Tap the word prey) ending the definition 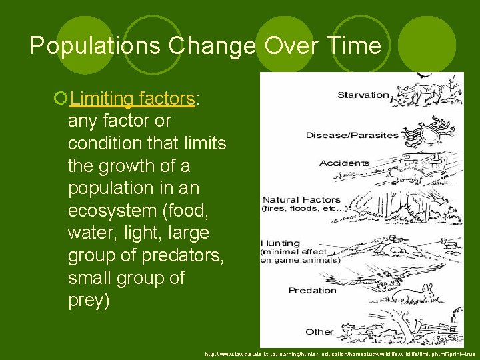coord(89,301)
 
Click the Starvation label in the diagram coord(363,95)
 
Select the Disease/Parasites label coord(351,135)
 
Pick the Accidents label coord(344,163)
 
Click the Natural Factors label coord(301,199)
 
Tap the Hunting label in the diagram coord(281,243)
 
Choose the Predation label coord(312,290)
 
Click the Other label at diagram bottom coord(319,331)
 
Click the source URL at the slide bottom coord(339,353)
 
